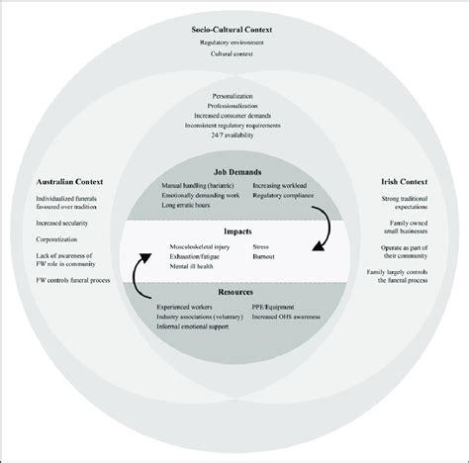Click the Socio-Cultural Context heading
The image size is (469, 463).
[x=234, y=30]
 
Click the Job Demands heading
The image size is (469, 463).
[x=234, y=172]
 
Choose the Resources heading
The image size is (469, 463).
[x=234, y=294]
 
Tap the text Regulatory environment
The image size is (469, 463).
[x=234, y=44]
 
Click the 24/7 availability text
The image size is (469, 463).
[x=234, y=147]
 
